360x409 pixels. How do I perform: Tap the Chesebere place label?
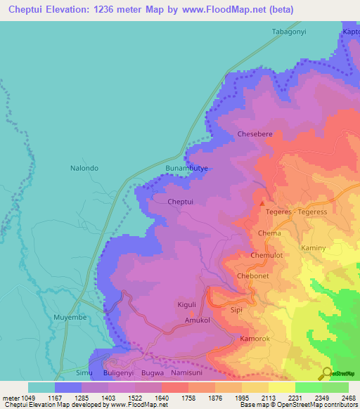click(x=255, y=133)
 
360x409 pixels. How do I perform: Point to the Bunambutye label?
click(x=187, y=169)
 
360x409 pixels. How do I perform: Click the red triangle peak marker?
click(x=263, y=204)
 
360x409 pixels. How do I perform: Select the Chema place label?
click(x=269, y=233)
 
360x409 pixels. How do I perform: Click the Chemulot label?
click(x=266, y=256)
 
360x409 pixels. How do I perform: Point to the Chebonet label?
click(x=253, y=276)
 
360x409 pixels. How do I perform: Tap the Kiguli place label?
click(x=186, y=304)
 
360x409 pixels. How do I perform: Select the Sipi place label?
click(x=236, y=309)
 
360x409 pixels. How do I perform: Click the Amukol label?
click(x=198, y=320)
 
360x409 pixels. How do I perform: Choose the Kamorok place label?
click(x=255, y=339)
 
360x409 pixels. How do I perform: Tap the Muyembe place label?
click(x=69, y=318)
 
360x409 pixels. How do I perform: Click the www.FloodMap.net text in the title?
click(x=214, y=10)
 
